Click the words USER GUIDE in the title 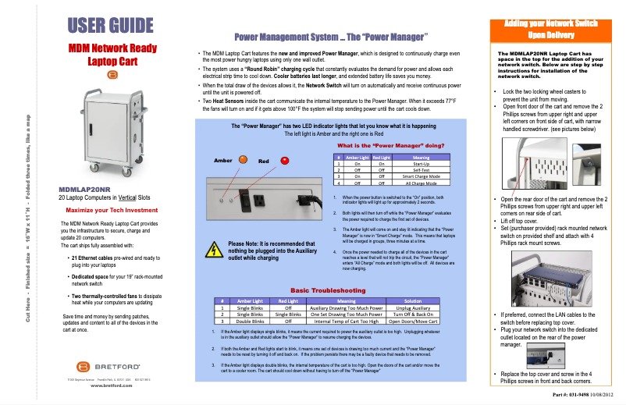[x=110, y=25]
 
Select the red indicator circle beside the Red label [x=285, y=161]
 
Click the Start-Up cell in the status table [x=399, y=164]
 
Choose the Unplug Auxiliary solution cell [x=413, y=308]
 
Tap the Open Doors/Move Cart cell [x=413, y=320]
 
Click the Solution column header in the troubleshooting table [x=413, y=301]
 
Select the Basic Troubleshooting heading [x=328, y=290]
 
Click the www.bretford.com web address [x=111, y=385]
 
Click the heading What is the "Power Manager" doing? [x=390, y=146]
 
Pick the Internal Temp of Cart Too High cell [x=346, y=320]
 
